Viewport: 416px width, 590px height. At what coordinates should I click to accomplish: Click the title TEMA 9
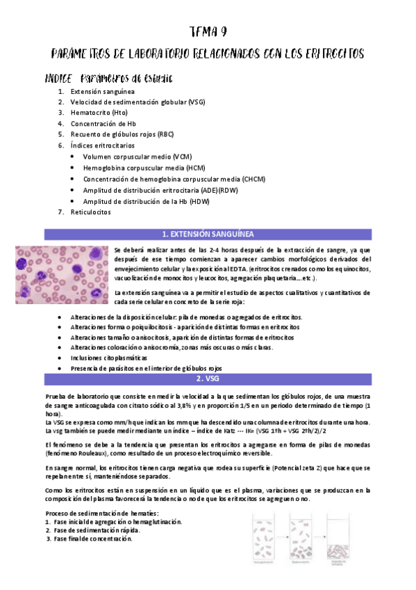208,32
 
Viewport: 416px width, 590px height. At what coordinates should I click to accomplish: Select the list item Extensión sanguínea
102,91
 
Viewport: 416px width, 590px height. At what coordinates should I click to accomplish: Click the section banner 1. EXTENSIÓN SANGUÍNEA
208,234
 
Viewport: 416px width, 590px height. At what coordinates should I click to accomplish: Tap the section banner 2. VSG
208,378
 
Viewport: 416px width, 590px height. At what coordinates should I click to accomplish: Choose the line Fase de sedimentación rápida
96,530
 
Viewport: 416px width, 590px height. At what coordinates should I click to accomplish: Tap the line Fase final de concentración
92,539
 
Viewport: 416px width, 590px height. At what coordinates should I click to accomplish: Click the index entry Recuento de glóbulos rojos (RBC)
122,134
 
